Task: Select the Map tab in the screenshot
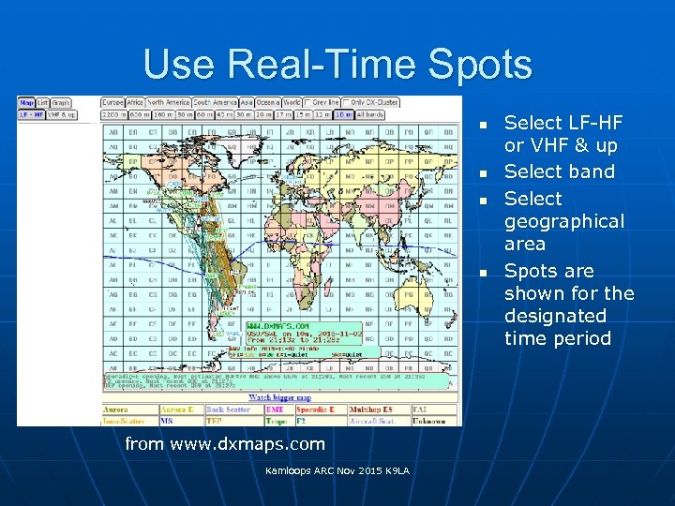[x=26, y=102]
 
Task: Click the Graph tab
[x=61, y=102]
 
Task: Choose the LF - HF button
[x=31, y=114]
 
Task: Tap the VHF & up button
[x=62, y=114]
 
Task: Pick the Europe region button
[x=112, y=102]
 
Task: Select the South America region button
[x=215, y=102]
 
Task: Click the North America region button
[x=169, y=102]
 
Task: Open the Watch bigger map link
[x=281, y=397]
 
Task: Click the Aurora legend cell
[x=128, y=409]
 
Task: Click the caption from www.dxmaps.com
[x=225, y=444]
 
